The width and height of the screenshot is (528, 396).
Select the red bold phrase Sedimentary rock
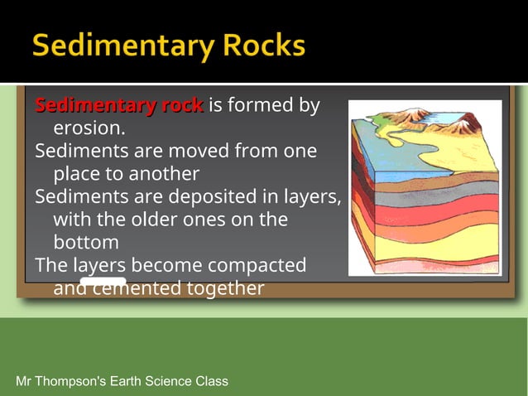point(119,106)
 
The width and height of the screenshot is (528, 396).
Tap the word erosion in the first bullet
point(88,128)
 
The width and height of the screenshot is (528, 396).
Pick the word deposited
point(218,197)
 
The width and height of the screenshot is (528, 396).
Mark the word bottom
point(86,243)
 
